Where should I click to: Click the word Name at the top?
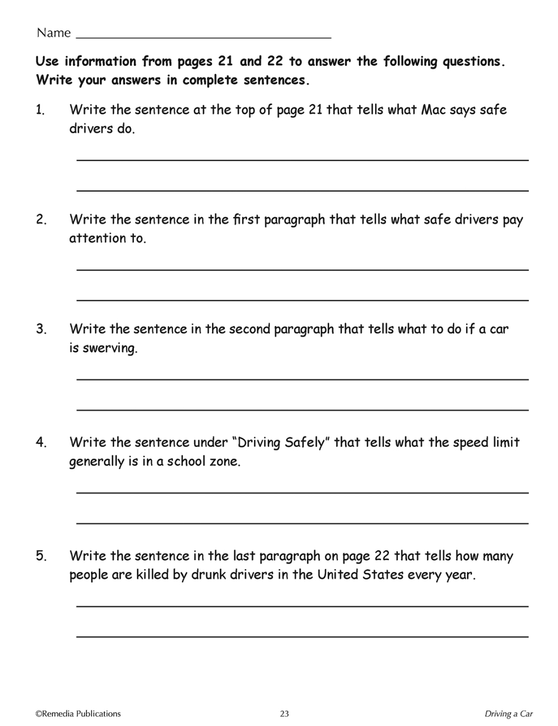54,33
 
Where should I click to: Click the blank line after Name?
203,37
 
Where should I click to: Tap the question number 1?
40,110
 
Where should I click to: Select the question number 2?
41,219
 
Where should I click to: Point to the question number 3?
41,329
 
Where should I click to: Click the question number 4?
41,443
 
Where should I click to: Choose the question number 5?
41,556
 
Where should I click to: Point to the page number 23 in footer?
285,714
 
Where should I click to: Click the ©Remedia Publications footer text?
78,714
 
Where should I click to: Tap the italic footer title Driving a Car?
508,714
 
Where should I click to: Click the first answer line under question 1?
302,160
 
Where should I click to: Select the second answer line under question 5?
302,636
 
